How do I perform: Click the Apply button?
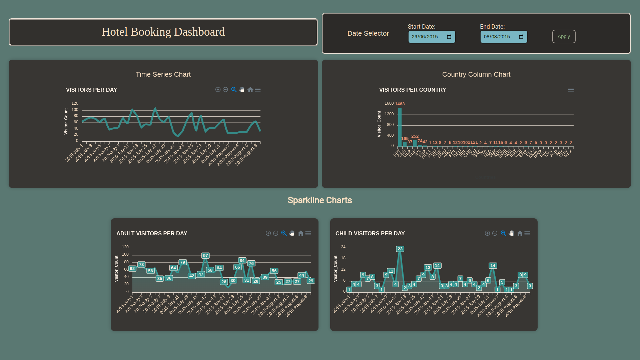(564, 37)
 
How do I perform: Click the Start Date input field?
(427, 37)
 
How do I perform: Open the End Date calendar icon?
(521, 37)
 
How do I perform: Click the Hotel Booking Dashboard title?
(163, 32)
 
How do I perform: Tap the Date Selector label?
(368, 33)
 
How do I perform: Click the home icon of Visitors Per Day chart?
(250, 90)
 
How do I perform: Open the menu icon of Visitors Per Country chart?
(571, 90)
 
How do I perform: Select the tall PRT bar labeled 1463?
(400, 127)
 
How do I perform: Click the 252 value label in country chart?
(415, 136)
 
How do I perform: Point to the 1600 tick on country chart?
(389, 103)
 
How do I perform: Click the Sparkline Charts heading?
(319, 200)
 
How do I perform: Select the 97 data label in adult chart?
(205, 256)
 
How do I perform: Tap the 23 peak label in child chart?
(400, 249)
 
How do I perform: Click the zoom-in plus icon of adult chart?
(268, 233)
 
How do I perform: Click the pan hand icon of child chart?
(511, 233)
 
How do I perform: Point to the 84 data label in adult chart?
(242, 261)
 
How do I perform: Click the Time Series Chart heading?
(163, 74)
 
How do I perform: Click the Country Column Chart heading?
(476, 74)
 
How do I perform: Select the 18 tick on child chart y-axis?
(343, 258)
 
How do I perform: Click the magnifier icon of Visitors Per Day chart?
(234, 90)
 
